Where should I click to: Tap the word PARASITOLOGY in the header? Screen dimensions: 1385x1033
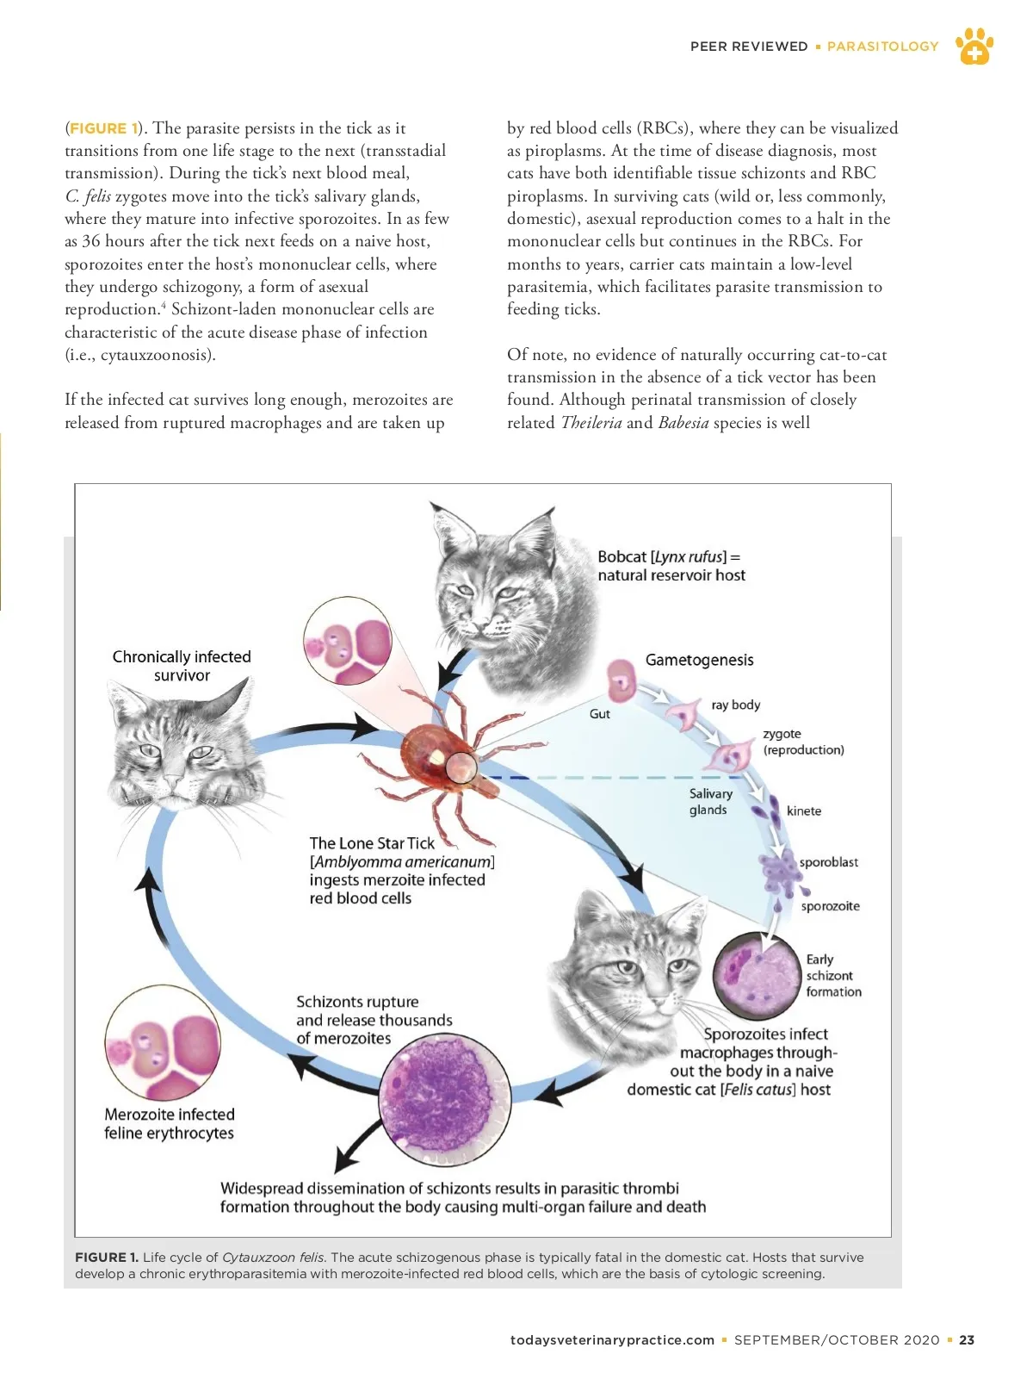[x=882, y=47]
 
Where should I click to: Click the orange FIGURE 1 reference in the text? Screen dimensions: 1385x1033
[x=103, y=128]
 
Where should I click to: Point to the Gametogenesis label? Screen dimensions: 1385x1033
[x=699, y=660]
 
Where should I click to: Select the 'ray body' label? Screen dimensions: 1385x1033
[x=735, y=705]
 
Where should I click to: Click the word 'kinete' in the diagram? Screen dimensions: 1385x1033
[x=803, y=811]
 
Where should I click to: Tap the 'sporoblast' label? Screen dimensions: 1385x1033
[x=828, y=862]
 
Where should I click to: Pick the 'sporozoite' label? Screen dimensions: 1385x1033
[x=830, y=906]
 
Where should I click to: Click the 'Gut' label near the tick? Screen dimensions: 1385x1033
[x=599, y=714]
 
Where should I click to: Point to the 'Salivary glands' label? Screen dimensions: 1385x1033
[x=710, y=801]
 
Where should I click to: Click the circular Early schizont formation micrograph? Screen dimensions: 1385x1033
[x=758, y=976]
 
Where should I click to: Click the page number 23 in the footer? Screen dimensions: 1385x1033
[x=967, y=1339]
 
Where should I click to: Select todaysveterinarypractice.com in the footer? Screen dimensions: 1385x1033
[x=612, y=1339]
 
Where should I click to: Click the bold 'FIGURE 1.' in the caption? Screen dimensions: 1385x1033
[x=107, y=1258]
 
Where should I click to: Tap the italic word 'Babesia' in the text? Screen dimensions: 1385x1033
[x=684, y=422]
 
